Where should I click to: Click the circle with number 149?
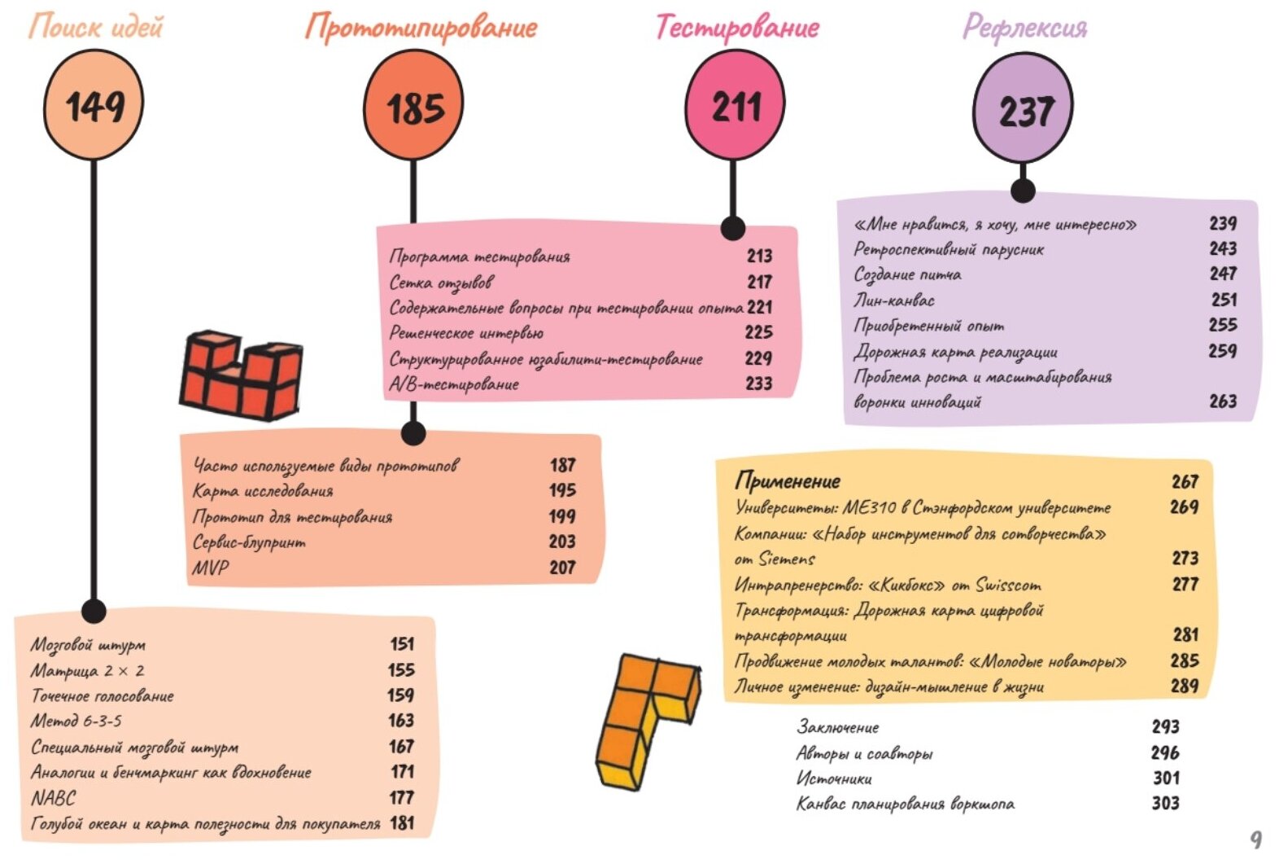pyautogui.click(x=94, y=105)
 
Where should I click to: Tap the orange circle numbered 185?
pyautogui.click(x=413, y=106)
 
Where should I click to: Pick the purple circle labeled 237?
pyautogui.click(x=1024, y=109)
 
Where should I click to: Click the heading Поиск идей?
pyautogui.click(x=96, y=27)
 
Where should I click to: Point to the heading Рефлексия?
pyautogui.click(x=1025, y=29)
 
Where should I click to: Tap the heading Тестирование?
pyautogui.click(x=737, y=28)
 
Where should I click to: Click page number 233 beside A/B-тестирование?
pyautogui.click(x=759, y=384)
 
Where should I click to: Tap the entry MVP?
pyautogui.click(x=211, y=568)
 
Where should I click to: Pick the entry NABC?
pyautogui.click(x=54, y=798)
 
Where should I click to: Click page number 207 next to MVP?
pyautogui.click(x=562, y=568)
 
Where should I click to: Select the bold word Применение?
pyautogui.click(x=788, y=480)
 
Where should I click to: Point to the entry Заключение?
pyautogui.click(x=838, y=727)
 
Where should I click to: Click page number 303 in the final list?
pyautogui.click(x=1165, y=804)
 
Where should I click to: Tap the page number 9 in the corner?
pyautogui.click(x=1256, y=839)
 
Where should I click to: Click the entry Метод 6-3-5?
pyautogui.click(x=76, y=721)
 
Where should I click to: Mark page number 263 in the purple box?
pyautogui.click(x=1223, y=401)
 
